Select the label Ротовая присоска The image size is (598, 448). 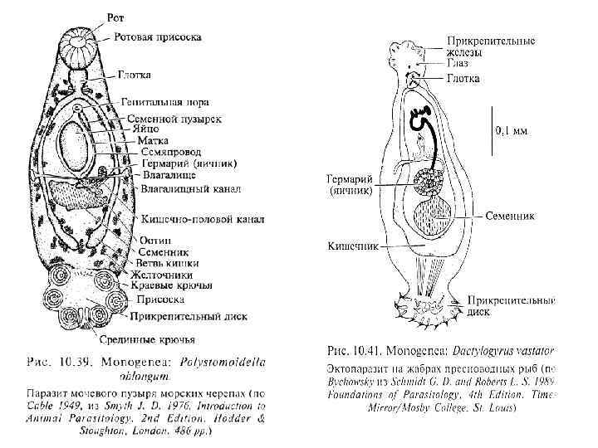pyautogui.click(x=157, y=37)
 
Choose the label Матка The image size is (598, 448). pyautogui.click(x=153, y=141)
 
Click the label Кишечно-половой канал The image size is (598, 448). pyautogui.click(x=203, y=219)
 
